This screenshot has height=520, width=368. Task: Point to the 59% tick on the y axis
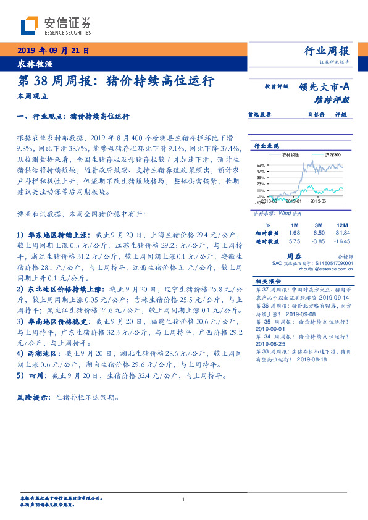tap(260, 165)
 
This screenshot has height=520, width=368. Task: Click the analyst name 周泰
tap(294, 255)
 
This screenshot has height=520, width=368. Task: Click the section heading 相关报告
tap(268, 280)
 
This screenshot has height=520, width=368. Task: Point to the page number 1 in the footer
tap(184, 500)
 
